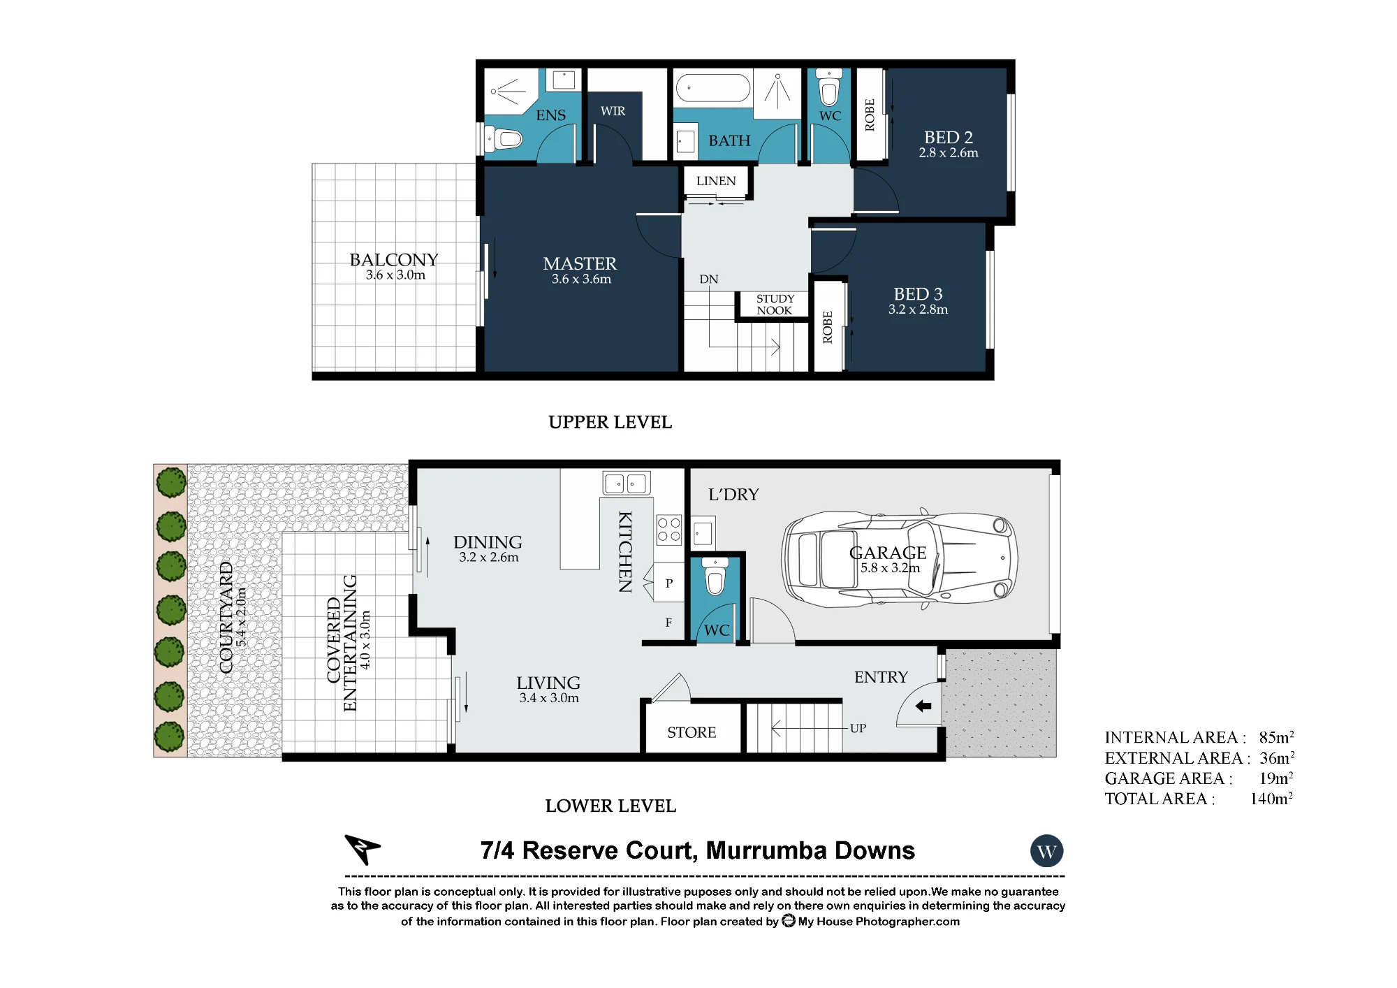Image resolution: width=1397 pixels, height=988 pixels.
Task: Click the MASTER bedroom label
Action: tap(580, 263)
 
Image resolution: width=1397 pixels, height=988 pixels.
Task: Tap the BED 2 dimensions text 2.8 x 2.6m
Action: tap(948, 153)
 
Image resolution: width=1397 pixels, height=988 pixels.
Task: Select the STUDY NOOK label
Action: tap(775, 305)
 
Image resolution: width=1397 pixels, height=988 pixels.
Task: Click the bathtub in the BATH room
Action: tap(712, 89)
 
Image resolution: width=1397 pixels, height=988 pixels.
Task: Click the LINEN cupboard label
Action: tap(716, 181)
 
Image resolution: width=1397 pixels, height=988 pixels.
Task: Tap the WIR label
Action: tap(613, 111)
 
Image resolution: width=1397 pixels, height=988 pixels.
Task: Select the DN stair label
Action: tap(709, 279)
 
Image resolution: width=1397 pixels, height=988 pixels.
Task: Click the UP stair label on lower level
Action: tap(858, 728)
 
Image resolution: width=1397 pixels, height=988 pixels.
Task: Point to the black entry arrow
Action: tap(923, 706)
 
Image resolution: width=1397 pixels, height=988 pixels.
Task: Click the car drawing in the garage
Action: tap(899, 559)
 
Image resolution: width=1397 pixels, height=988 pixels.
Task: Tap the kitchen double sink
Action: tap(627, 483)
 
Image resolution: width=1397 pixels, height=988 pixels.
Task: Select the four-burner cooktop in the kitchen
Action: tap(668, 530)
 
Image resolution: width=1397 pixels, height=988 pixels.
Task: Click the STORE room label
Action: tap(692, 732)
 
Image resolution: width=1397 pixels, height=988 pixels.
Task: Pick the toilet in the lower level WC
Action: tap(715, 576)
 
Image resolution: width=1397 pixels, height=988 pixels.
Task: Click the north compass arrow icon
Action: tap(362, 849)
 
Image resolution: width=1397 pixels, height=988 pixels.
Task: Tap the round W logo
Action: tap(1046, 852)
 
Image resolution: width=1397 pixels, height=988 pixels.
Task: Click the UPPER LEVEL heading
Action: tap(610, 422)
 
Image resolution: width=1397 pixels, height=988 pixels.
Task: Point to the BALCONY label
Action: tap(394, 260)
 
